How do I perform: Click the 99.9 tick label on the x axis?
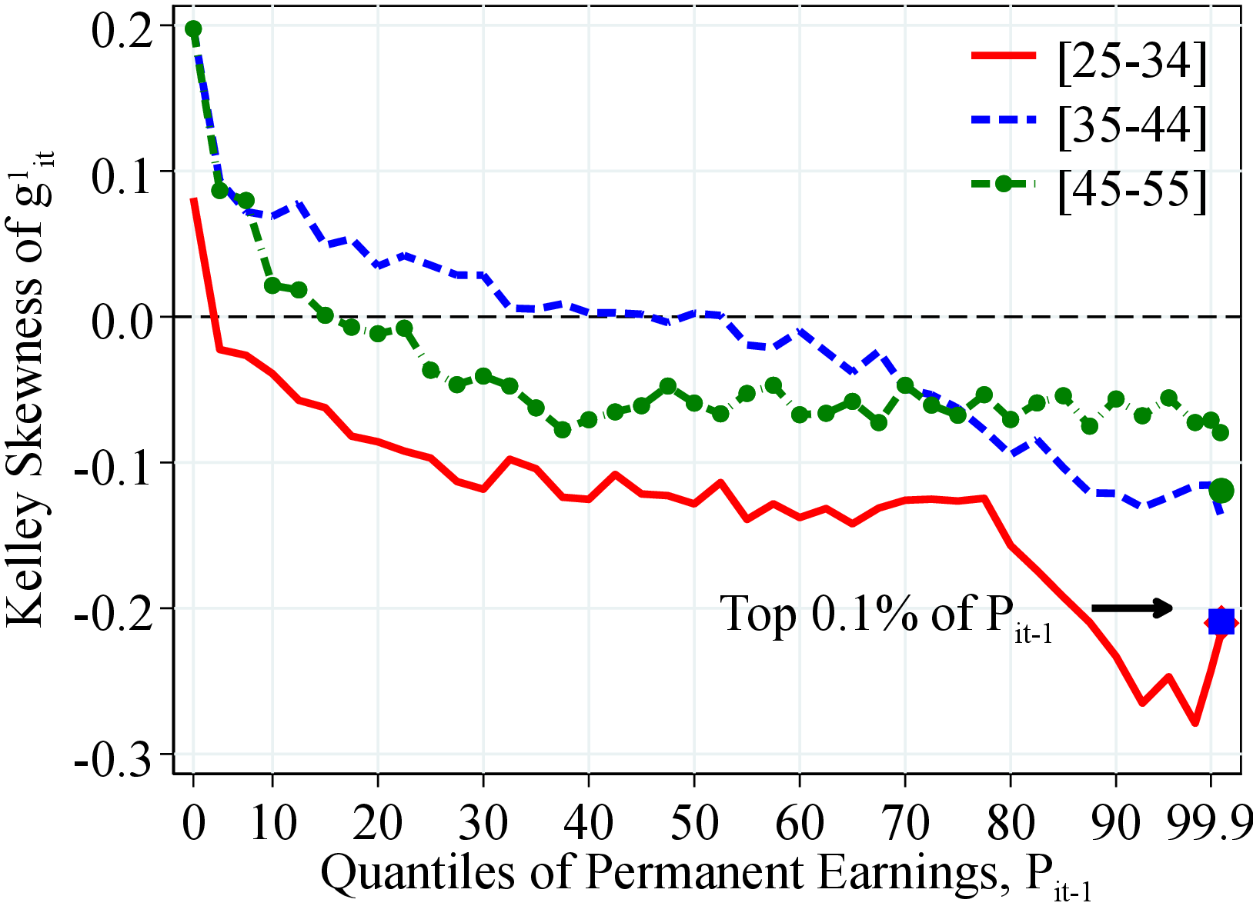point(1209,822)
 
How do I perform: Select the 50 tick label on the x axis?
point(694,822)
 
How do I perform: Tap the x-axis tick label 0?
point(194,822)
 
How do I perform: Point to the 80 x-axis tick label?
point(1011,822)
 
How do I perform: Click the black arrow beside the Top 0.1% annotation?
point(1131,608)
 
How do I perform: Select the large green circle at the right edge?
point(1221,490)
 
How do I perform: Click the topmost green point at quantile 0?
point(193,29)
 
